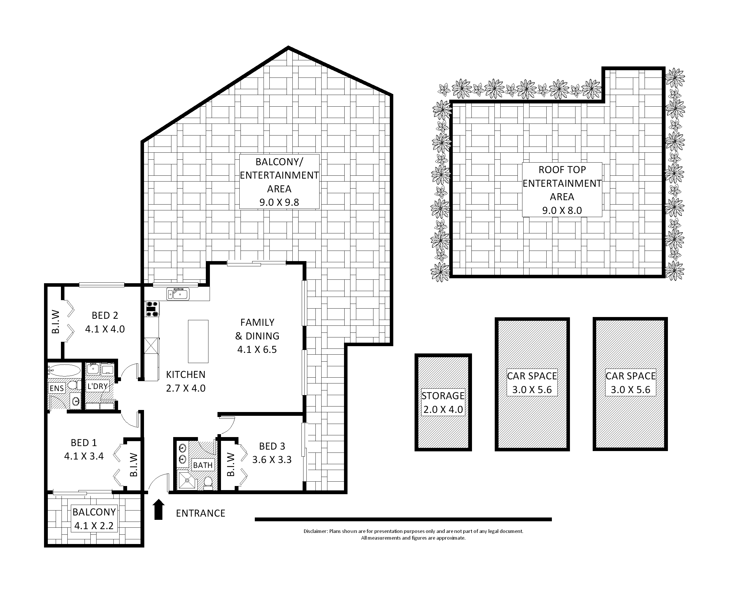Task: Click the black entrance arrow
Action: tap(158, 509)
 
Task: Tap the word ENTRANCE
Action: tap(201, 513)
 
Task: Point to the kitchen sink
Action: tap(178, 294)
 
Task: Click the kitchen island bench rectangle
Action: tap(198, 341)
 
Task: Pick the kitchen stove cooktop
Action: tap(152, 309)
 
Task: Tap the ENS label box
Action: tap(57, 388)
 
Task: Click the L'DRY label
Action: tap(98, 387)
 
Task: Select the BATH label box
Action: tap(203, 465)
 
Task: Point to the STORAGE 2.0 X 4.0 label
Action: tap(443, 403)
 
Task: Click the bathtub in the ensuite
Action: tap(64, 371)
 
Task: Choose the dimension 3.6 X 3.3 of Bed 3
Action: tap(272, 460)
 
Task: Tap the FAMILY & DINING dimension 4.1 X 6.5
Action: tap(257, 350)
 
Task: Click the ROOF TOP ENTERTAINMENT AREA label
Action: tap(562, 189)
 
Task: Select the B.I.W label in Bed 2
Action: tap(56, 322)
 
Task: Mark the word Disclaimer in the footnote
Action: tap(315, 531)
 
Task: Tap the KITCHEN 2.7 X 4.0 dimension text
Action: tap(186, 388)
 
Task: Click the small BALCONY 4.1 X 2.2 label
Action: tap(94, 519)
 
